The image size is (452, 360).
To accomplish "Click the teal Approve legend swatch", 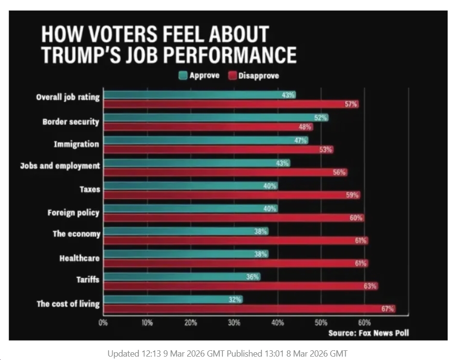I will (x=183, y=75).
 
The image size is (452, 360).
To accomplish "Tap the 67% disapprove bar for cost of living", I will (x=249, y=309).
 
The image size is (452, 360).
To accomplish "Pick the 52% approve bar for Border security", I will (x=215, y=118).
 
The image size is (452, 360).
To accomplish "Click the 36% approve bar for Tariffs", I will (x=181, y=277).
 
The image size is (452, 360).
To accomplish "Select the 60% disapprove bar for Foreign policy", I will (x=233, y=218).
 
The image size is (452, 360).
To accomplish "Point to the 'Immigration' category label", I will (x=80, y=144).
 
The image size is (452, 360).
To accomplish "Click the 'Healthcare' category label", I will (x=80, y=258).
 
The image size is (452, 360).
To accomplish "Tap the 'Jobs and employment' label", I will (x=60, y=166).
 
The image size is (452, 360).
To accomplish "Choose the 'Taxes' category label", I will (x=90, y=189).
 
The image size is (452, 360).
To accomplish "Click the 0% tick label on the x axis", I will (x=103, y=323).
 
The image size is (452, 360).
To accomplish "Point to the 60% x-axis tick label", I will (x=365, y=323).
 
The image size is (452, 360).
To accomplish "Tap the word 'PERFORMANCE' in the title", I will (x=231, y=55).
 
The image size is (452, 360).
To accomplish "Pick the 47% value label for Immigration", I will (x=301, y=140).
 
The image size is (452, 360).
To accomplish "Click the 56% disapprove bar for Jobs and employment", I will (x=225, y=172).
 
